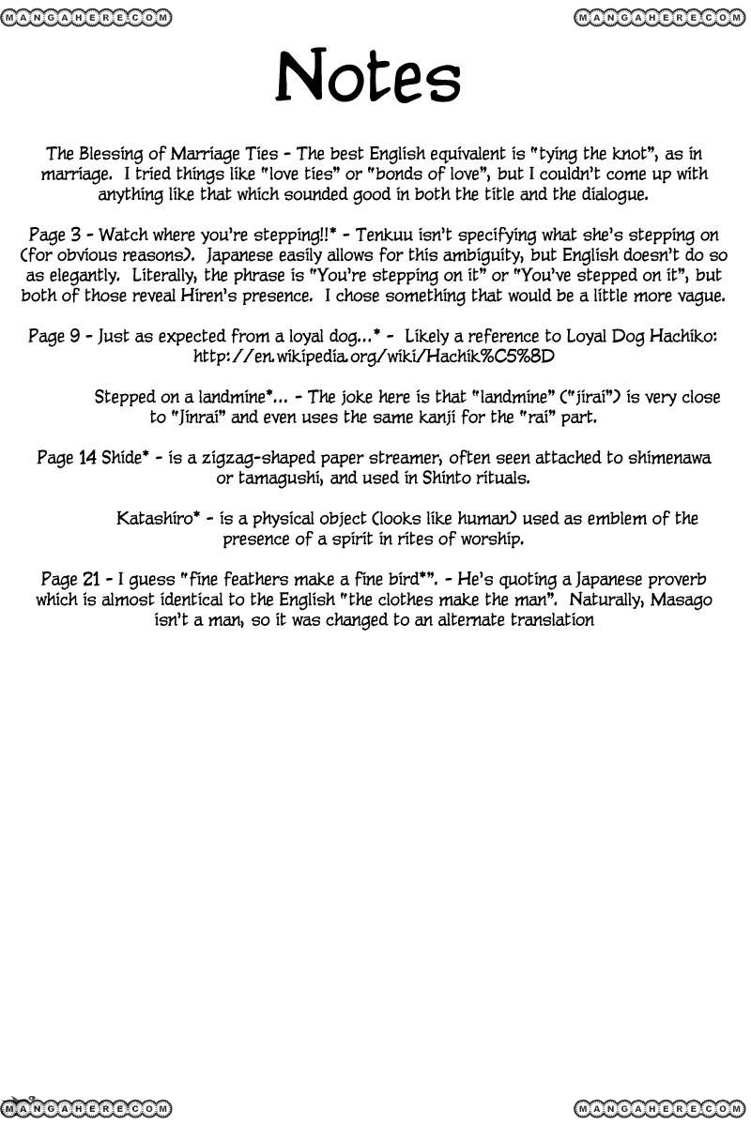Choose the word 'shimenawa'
(666, 458)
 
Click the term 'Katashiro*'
(158, 519)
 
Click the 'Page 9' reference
(53, 336)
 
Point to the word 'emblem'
(636, 519)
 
